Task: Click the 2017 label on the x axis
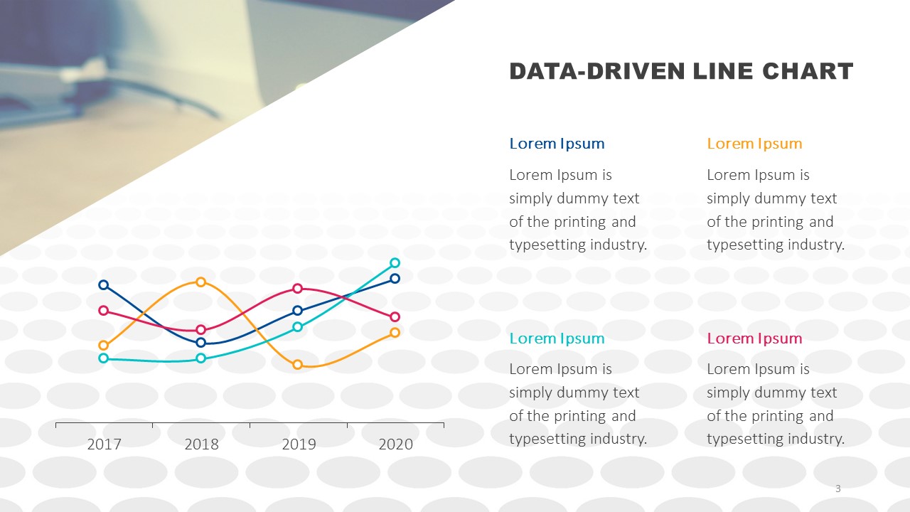[x=104, y=444]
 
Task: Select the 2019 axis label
[x=299, y=444]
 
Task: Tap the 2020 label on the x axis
[x=396, y=444]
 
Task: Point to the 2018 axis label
[x=201, y=444]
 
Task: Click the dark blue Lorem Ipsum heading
[x=557, y=144]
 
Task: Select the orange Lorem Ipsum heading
[x=754, y=144]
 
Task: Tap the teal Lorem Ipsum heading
[x=557, y=338]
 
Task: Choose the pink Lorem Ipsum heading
[x=754, y=338]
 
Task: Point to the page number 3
[x=837, y=489]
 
